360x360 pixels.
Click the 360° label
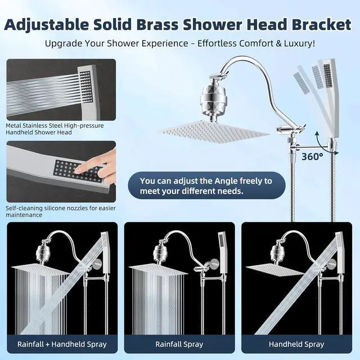click(312, 156)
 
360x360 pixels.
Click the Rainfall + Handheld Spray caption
click(62, 344)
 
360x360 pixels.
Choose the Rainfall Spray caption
click(179, 344)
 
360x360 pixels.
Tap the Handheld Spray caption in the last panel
click(296, 344)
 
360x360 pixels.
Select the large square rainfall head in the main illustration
click(214, 132)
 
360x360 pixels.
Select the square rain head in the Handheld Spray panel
click(274, 270)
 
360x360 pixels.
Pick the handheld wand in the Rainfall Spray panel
click(222, 253)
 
